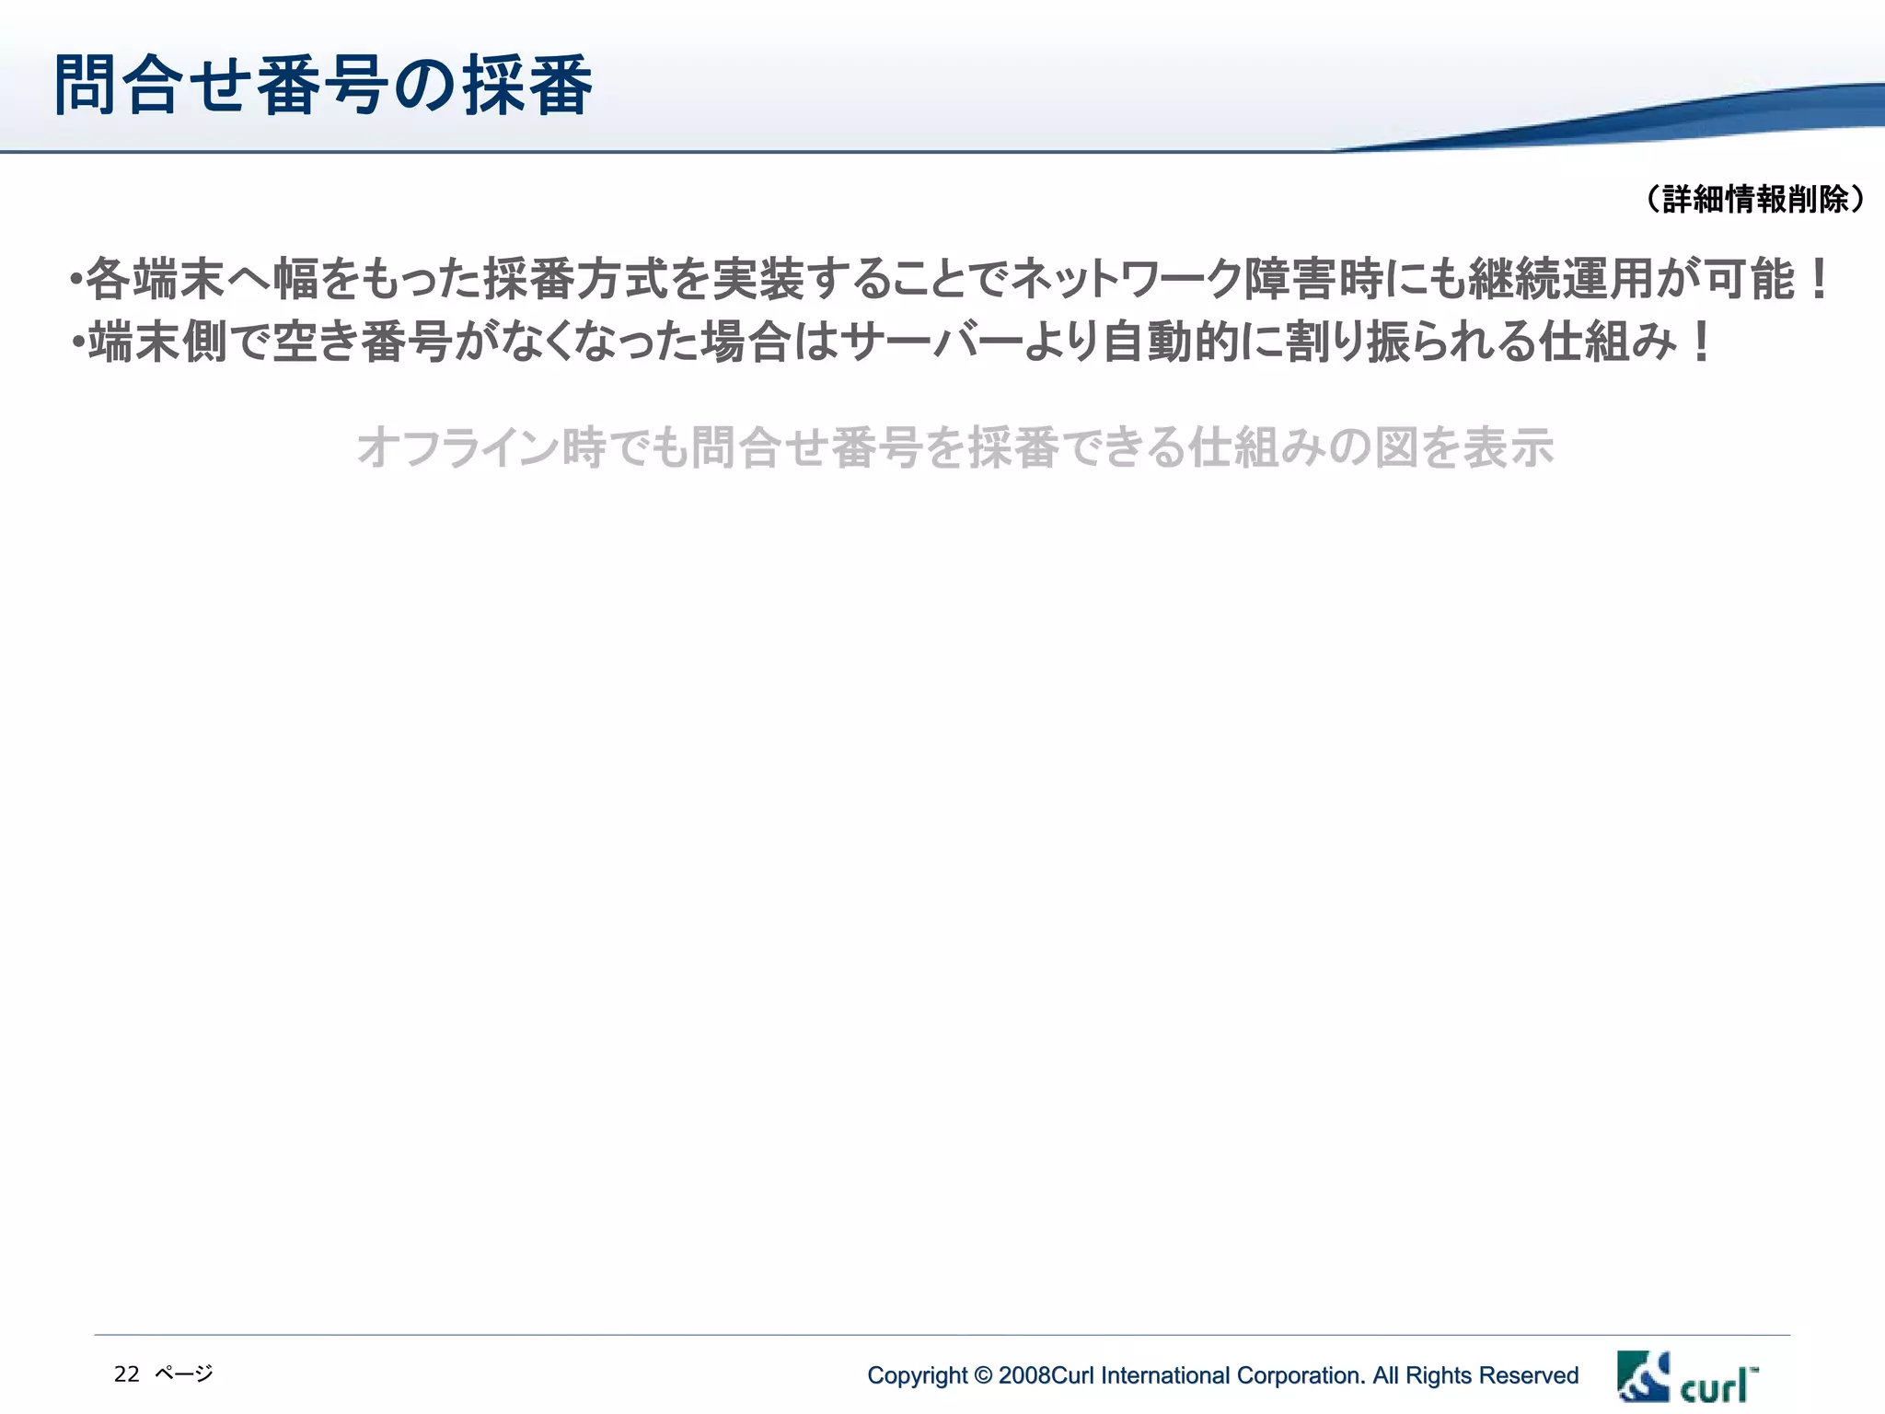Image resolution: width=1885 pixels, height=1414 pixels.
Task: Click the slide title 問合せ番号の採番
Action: click(323, 86)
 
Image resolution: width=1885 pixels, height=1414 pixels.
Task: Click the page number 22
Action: click(126, 1374)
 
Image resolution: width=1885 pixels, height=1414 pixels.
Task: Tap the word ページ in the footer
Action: click(184, 1374)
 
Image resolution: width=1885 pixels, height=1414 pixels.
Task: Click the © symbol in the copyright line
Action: click(983, 1375)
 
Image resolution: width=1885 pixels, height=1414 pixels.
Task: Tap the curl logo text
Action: click(1717, 1385)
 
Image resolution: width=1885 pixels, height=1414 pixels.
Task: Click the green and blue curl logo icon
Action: click(1643, 1376)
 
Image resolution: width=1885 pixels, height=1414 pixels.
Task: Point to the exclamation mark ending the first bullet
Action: click(1818, 280)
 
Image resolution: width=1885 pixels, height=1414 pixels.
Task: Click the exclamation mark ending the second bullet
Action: click(1701, 342)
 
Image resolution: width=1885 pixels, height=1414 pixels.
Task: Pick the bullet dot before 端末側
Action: click(78, 343)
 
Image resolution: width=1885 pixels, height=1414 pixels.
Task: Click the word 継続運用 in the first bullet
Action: click(1560, 280)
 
